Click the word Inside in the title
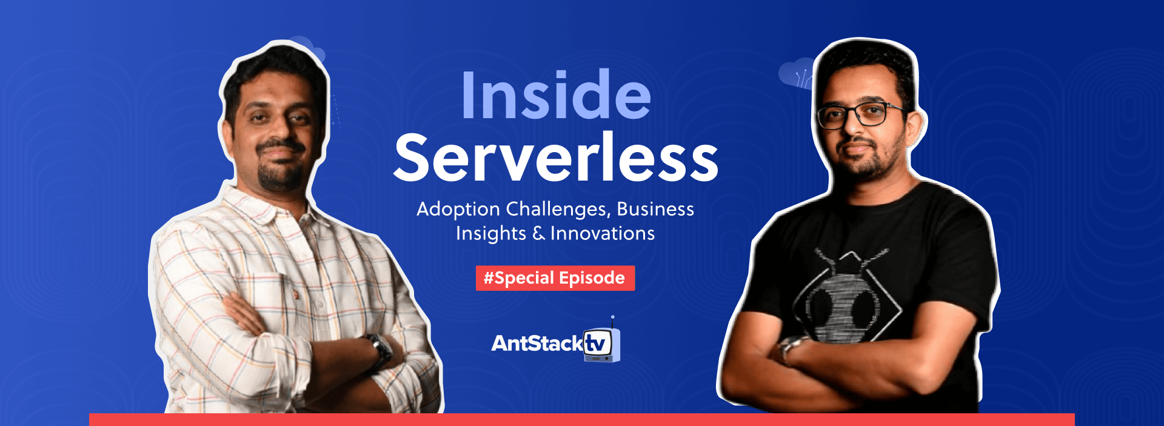pyautogui.click(x=555, y=96)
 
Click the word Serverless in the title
pyautogui.click(x=555, y=158)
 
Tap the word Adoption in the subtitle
pyautogui.click(x=458, y=210)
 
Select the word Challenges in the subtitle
pyautogui.click(x=558, y=210)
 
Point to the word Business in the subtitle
pyautogui.click(x=655, y=209)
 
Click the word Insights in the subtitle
pyautogui.click(x=490, y=234)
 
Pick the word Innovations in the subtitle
pyautogui.click(x=603, y=233)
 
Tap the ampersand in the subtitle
pyautogui.click(x=538, y=233)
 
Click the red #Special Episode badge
pyautogui.click(x=555, y=278)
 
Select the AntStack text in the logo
pyautogui.click(x=537, y=344)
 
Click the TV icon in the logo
pyautogui.click(x=601, y=345)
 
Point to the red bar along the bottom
pyautogui.click(x=582, y=419)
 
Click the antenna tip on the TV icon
pyautogui.click(x=613, y=317)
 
